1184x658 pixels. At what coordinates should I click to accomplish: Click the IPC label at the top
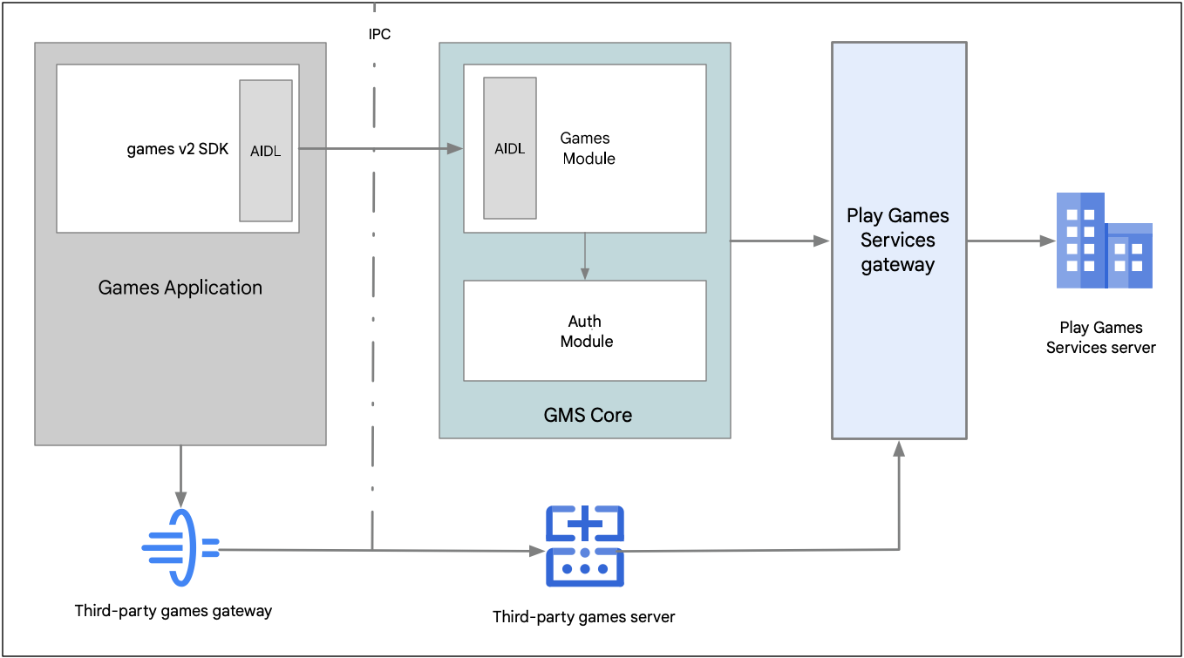[x=379, y=35]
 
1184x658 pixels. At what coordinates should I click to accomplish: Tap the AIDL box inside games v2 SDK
[x=266, y=150]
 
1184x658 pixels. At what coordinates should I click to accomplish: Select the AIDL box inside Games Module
[x=510, y=148]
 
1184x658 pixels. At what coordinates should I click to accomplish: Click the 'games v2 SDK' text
[x=178, y=149]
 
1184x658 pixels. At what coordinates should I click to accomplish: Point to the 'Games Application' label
[x=180, y=288]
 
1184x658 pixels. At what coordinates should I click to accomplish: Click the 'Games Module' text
[x=587, y=148]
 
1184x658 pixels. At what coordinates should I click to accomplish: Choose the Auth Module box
[x=585, y=331]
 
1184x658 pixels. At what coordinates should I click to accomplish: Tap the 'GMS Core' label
[x=588, y=415]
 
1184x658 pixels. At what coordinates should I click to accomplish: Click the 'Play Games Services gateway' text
[x=898, y=241]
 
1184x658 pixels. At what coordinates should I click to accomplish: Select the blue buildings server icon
[x=1104, y=241]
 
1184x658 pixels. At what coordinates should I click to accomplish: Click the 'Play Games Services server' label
[x=1100, y=337]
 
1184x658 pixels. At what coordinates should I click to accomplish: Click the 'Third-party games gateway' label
[x=174, y=611]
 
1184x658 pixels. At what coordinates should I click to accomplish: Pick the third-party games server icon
[x=584, y=546]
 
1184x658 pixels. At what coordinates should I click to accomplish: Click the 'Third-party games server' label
[x=583, y=617]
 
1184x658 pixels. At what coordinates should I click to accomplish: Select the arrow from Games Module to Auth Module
[x=585, y=256]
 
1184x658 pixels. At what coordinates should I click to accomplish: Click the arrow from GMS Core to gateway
[x=780, y=241]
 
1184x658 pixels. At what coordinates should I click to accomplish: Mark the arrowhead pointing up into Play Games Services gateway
[x=899, y=449]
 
